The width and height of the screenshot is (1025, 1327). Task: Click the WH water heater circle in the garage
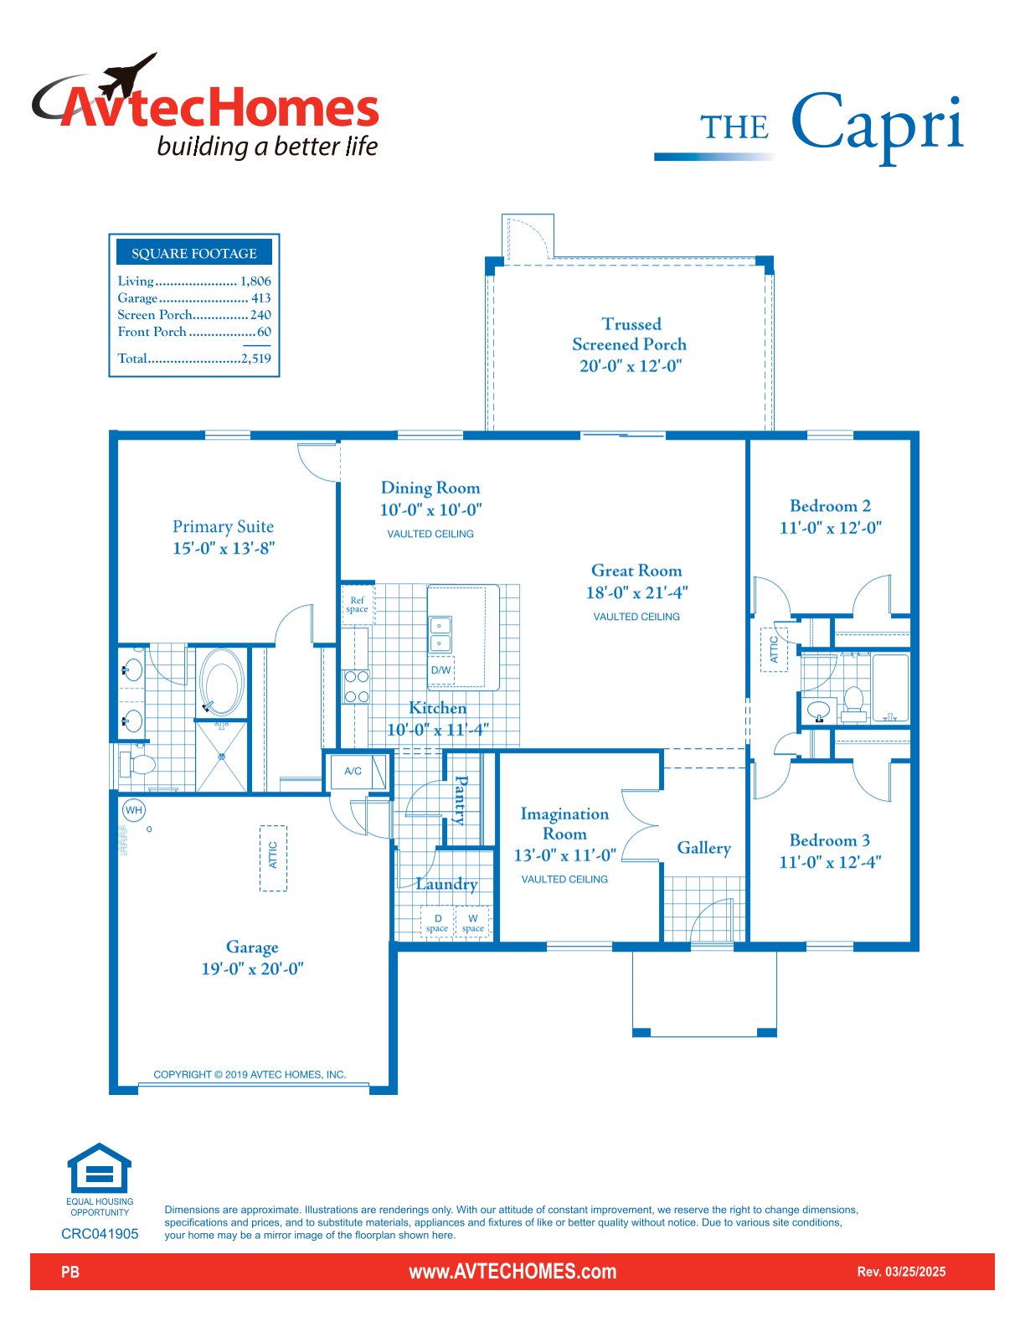(134, 810)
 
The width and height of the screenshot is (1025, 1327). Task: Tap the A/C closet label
(353, 771)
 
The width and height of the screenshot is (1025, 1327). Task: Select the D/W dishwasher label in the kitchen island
(440, 670)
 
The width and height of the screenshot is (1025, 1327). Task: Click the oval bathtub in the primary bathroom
(221, 681)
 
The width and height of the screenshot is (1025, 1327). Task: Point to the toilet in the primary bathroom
(138, 763)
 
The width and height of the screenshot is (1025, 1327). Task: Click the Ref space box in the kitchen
(357, 604)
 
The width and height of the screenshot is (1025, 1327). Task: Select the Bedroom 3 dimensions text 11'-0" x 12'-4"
(830, 862)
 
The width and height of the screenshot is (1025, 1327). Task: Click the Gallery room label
(704, 848)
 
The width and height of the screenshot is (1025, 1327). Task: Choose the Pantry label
(461, 800)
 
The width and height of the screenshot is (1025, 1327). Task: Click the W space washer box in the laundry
(473, 922)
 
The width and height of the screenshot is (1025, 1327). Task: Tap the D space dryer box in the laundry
(437, 922)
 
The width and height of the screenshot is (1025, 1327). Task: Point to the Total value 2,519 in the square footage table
(255, 358)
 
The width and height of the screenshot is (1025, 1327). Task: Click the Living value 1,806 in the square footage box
(255, 281)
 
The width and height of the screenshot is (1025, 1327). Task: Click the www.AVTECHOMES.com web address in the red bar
(512, 1272)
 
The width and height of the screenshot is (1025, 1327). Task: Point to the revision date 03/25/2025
(915, 1272)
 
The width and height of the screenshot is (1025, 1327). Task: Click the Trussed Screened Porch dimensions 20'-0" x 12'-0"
(631, 366)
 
